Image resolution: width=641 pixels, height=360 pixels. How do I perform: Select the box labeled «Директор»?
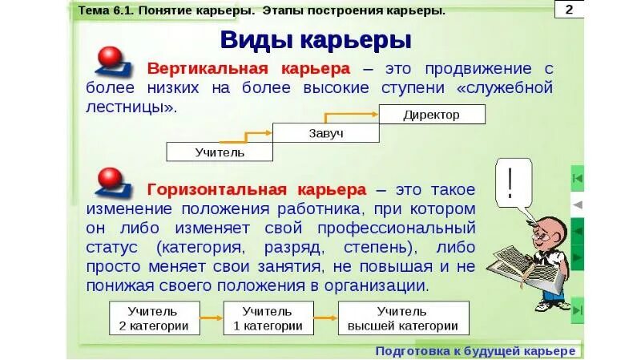[431, 115]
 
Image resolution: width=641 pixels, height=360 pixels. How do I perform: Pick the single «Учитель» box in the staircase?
[219, 152]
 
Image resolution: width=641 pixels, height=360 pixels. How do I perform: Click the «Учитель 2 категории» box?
[154, 318]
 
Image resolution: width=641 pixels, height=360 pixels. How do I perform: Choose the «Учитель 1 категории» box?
[268, 318]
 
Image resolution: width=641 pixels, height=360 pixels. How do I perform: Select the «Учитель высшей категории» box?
[403, 318]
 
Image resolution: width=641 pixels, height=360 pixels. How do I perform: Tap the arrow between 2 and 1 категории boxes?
[211, 318]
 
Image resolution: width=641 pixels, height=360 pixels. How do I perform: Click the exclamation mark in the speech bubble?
[509, 181]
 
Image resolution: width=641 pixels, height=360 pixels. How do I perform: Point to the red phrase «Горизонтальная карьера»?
[256, 190]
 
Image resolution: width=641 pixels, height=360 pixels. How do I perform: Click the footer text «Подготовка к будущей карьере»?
[476, 351]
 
